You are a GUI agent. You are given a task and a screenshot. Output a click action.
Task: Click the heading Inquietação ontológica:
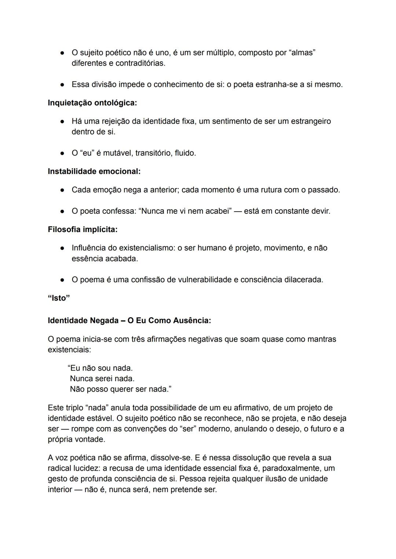[92, 103]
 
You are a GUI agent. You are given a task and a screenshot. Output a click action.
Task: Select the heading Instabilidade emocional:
[94, 172]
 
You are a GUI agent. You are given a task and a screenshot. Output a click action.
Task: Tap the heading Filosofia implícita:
[82, 230]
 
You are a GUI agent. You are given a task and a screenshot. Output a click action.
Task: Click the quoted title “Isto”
[59, 298]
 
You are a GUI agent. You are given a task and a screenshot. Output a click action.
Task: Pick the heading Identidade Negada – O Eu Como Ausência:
[129, 321]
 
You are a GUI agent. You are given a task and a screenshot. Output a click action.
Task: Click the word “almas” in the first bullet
[302, 53]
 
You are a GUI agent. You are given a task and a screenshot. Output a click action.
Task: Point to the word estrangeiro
[311, 121]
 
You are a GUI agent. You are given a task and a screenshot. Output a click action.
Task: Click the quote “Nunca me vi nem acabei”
[185, 212]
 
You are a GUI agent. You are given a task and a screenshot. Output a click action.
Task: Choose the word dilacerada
[304, 280]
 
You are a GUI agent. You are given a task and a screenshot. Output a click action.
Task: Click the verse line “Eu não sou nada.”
[100, 368]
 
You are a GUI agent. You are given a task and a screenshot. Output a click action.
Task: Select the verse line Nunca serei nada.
[102, 379]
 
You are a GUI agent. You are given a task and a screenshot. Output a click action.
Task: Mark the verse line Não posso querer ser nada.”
[120, 389]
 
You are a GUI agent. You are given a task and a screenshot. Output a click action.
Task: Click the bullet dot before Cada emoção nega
[63, 190]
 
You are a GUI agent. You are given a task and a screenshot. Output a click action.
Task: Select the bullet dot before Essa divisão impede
[63, 85]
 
